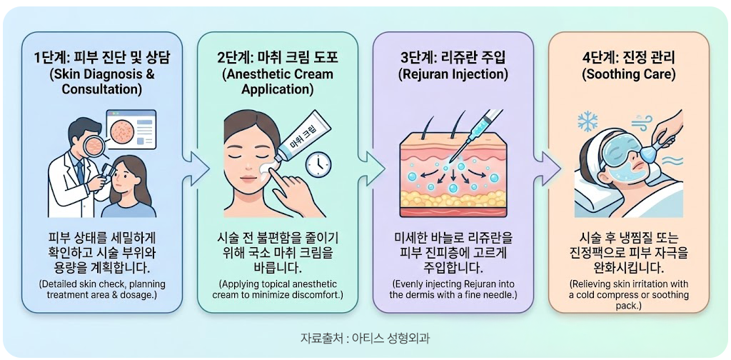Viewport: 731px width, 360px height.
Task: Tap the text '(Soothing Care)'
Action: pyautogui.click(x=628, y=74)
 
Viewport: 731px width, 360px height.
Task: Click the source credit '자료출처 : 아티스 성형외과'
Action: pyautogui.click(x=365, y=338)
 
